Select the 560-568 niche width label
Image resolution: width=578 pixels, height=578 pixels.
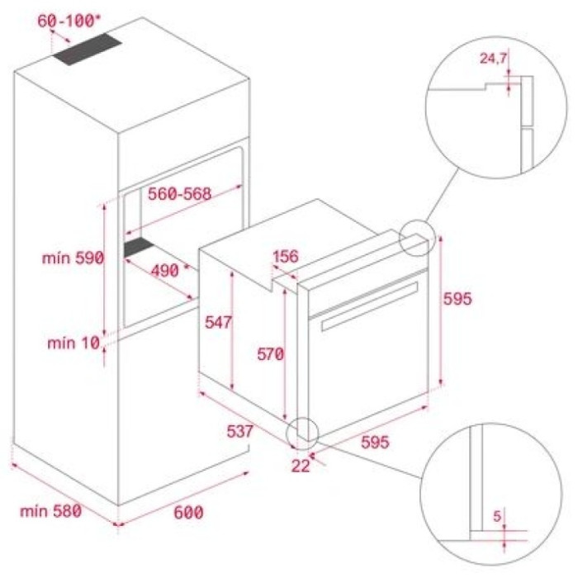pyautogui.click(x=180, y=194)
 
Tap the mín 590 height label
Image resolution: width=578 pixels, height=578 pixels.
pyautogui.click(x=72, y=258)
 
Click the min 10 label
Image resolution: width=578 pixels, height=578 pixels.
pyautogui.click(x=72, y=342)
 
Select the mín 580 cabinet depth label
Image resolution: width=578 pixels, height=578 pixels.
pyautogui.click(x=50, y=511)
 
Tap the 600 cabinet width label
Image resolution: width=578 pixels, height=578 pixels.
pyautogui.click(x=188, y=512)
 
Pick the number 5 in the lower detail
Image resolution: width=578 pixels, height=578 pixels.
pyautogui.click(x=496, y=517)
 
